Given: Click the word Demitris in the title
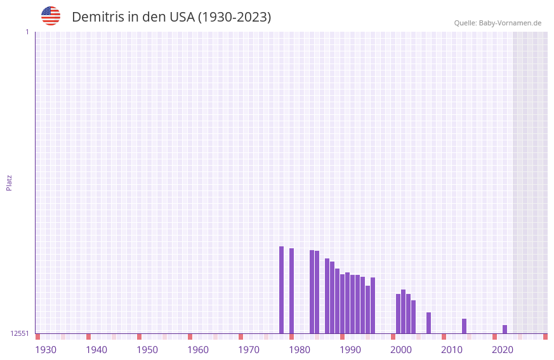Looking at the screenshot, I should [97, 17].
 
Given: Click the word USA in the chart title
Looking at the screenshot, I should [182, 17].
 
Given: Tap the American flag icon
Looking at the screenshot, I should [51, 16].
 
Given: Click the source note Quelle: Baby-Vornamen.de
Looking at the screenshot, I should [498, 23].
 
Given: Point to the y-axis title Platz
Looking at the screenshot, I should [9, 182].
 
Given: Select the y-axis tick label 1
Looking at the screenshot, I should [27, 32].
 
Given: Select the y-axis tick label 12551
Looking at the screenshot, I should [20, 333].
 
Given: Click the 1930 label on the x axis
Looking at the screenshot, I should [46, 350].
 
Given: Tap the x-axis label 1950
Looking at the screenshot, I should [147, 350].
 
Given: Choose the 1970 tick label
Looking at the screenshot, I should [249, 350].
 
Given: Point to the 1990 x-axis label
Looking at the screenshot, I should [350, 350].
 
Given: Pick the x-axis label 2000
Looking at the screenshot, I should [401, 350].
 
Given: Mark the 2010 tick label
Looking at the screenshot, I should [452, 350].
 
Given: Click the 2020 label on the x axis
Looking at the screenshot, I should [503, 350].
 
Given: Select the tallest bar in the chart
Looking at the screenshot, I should [281, 290].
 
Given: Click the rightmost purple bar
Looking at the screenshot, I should [505, 329].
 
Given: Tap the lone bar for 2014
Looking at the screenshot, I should [464, 326].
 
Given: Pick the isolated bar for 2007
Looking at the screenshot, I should [428, 323].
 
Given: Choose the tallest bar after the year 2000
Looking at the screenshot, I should [403, 311].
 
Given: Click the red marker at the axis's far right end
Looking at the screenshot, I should [545, 337].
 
